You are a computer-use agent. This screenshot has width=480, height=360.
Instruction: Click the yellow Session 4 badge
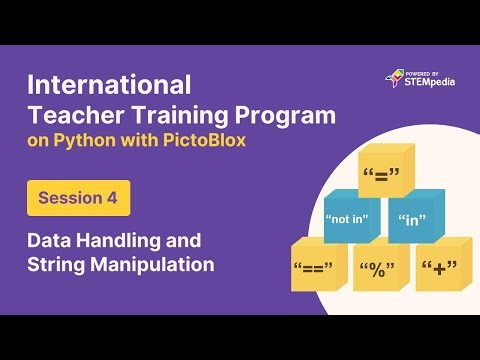(78, 198)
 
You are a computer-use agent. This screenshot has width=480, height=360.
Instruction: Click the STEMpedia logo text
(430, 82)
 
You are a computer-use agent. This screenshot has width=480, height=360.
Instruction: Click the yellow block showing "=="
(317, 268)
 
